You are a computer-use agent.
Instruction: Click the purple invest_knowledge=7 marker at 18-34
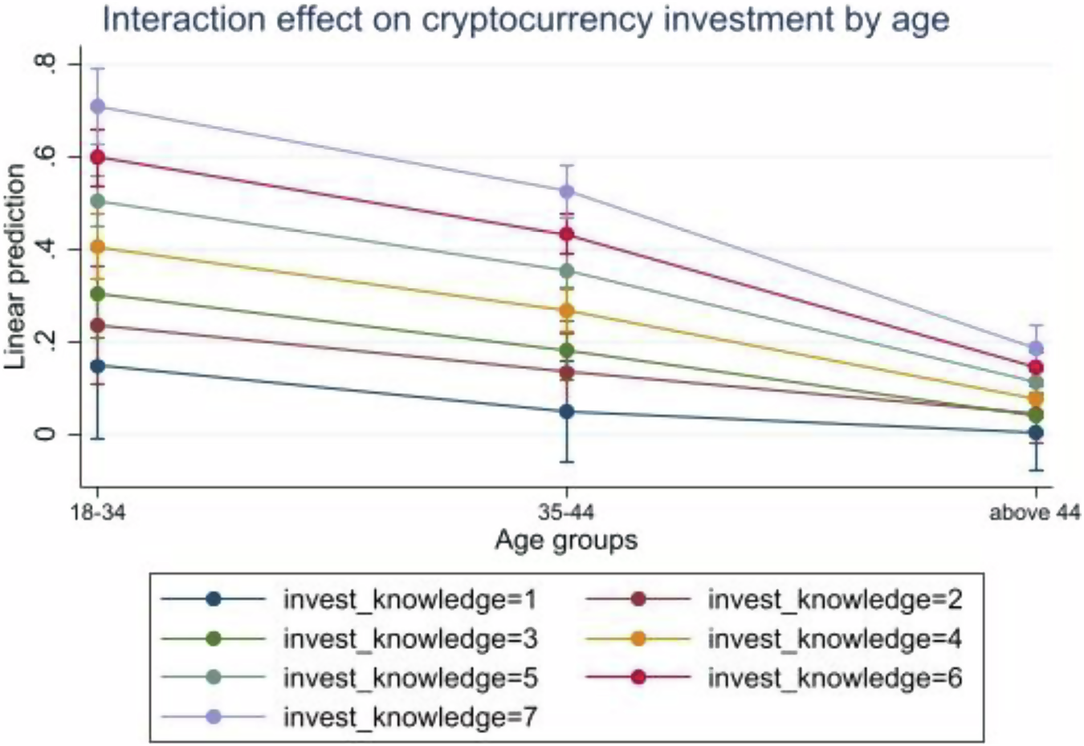[98, 107]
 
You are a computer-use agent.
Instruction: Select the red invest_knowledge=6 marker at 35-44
[567, 234]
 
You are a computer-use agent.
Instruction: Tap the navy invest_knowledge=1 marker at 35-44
[567, 412]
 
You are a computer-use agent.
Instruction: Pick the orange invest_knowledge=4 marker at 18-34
[98, 247]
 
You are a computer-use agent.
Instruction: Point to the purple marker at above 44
[1036, 349]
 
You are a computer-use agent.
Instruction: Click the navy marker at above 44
[1036, 433]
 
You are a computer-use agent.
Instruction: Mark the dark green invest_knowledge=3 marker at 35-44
[567, 351]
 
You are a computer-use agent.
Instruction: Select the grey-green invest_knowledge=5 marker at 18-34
[98, 201]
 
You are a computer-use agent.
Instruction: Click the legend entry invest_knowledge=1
[410, 599]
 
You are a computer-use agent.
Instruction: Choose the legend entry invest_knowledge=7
[410, 716]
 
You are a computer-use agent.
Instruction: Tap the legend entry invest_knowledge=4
[834, 639]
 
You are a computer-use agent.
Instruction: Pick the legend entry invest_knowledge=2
[834, 599]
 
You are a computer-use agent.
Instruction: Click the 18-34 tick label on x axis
[98, 512]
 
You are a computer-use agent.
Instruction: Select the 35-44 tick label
[567, 512]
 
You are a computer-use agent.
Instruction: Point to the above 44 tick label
[1034, 512]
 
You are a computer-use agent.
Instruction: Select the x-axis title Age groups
[566, 540]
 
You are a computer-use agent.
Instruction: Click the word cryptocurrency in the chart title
[537, 19]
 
